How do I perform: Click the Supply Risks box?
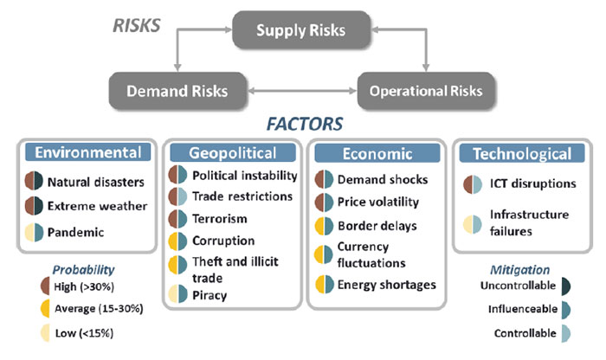pos(301,29)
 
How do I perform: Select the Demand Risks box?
pos(177,91)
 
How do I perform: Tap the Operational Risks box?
pos(426,91)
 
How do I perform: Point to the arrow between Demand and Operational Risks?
pos(302,91)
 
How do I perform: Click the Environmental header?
pos(88,152)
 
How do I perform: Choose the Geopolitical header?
pos(233,153)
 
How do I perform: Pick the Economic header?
pos(377,154)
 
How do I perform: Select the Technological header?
pos(522,154)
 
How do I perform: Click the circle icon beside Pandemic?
pos(34,232)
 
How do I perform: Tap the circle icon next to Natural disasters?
pos(34,181)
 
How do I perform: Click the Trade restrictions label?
pos(242,196)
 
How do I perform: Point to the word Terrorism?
pos(220,219)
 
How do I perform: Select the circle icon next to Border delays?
pos(324,226)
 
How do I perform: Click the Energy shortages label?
pos(386,285)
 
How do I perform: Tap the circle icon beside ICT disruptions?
pos(473,184)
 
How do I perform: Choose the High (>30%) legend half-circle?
pos(45,286)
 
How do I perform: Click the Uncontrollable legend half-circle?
pos(566,286)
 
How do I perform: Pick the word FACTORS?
pos(305,124)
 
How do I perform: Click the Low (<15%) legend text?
pos(84,333)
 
